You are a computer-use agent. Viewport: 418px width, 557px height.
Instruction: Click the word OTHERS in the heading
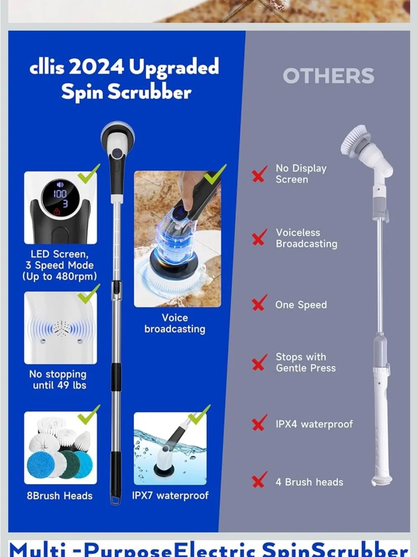(x=329, y=76)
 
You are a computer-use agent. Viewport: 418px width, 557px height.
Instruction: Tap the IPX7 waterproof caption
(x=170, y=495)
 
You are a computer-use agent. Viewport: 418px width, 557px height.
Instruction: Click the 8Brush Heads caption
(x=60, y=496)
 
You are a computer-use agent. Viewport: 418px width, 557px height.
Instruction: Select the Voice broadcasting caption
(x=175, y=323)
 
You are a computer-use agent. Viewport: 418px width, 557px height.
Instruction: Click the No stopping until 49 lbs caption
(x=58, y=380)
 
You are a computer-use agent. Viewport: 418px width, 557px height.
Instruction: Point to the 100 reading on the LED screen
(x=60, y=194)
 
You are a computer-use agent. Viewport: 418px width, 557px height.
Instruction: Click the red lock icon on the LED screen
(x=57, y=211)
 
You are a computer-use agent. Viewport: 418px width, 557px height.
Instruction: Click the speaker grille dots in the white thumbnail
(x=61, y=328)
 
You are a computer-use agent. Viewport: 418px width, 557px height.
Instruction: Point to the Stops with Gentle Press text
(x=306, y=362)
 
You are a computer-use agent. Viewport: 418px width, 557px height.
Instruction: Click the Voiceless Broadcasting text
(x=306, y=238)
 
